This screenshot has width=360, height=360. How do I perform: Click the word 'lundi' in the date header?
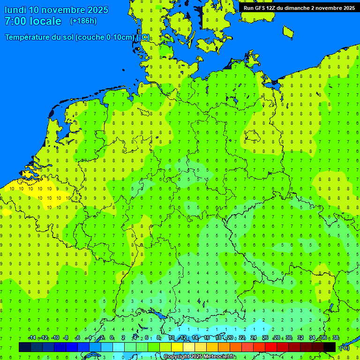point(15,10)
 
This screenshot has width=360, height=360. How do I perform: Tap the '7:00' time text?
point(15,21)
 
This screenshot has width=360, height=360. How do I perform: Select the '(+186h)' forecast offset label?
point(83,21)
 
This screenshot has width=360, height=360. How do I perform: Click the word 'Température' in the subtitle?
point(28,37)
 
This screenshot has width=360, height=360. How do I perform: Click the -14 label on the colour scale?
point(32,338)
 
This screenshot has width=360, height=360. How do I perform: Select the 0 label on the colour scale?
point(112,338)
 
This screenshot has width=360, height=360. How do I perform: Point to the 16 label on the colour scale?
point(206,338)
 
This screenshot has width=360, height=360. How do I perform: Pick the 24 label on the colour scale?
point(254,338)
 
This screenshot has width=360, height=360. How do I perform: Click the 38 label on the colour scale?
point(336,338)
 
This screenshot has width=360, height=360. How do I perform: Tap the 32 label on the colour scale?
point(300,338)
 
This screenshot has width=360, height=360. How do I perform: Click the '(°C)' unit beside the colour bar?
point(344,347)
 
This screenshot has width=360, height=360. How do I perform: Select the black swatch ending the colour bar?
point(330,347)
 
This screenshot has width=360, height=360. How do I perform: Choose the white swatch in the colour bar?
point(118,347)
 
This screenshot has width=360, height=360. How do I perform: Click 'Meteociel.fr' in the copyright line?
point(219,357)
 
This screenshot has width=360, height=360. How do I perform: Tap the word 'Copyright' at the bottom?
point(176,357)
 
